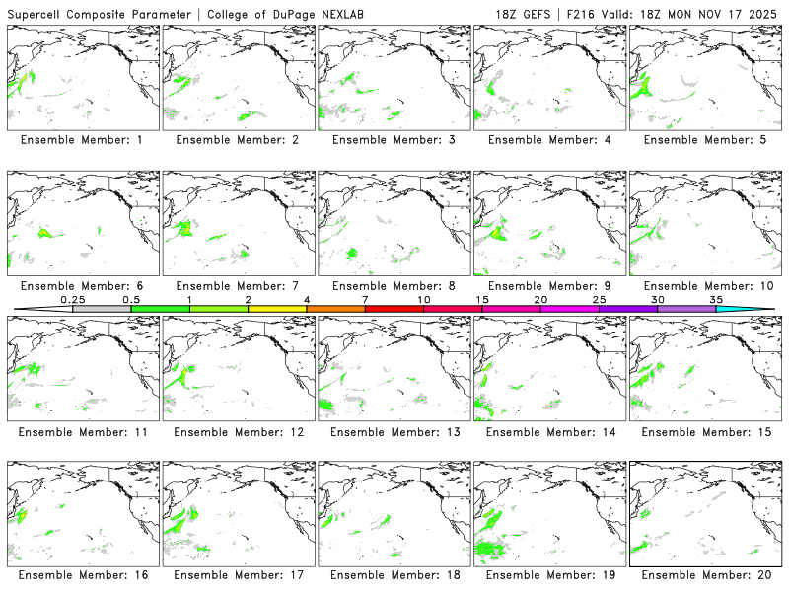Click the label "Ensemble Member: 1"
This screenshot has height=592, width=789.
coord(81,140)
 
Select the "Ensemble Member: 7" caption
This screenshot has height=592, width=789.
coord(237,286)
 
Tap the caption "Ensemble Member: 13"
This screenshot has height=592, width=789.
coord(393,431)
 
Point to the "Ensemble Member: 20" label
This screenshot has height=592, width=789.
coord(704,575)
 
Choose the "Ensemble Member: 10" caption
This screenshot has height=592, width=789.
coord(704,286)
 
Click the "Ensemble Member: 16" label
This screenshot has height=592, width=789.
coord(81,575)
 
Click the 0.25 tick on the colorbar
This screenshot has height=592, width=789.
coord(73,299)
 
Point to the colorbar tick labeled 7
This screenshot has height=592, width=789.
coord(365,299)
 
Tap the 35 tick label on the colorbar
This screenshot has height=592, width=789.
coord(716,299)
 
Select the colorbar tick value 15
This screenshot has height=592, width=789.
coord(482,299)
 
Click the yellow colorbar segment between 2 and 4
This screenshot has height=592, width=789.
coord(277,309)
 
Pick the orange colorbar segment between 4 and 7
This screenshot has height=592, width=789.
coord(335,309)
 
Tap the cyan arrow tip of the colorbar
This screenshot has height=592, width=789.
coord(759,309)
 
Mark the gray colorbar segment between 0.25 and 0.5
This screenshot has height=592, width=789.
coord(102,309)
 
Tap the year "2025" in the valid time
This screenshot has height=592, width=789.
coord(763,12)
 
